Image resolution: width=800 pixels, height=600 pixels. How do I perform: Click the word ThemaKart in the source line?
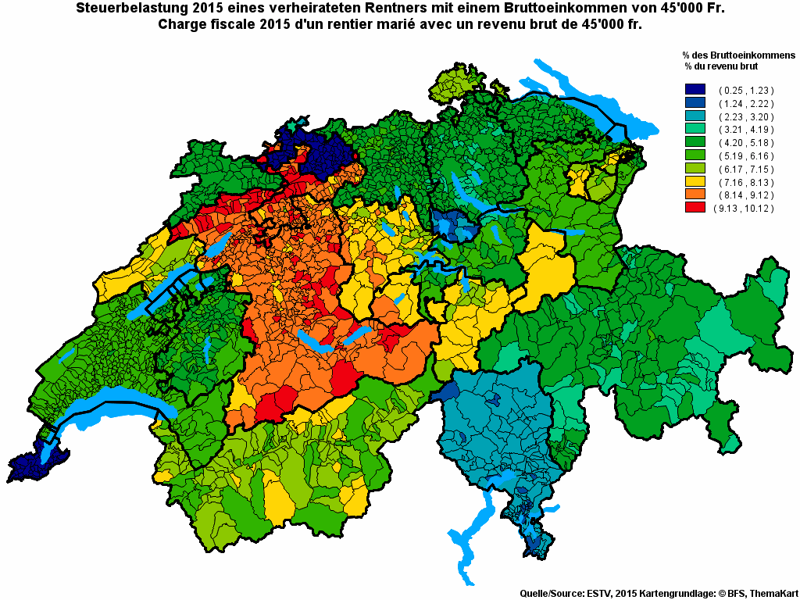pos(771,594)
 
